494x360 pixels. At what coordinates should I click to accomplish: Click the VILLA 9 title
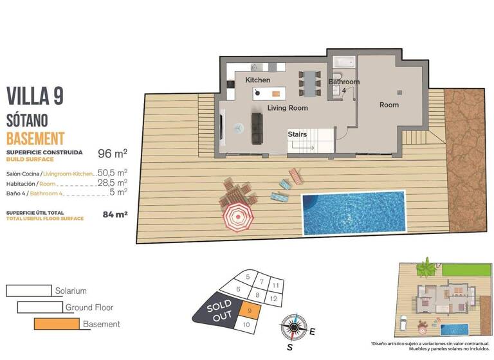coord(35,96)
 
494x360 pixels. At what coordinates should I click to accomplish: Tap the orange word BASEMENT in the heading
coord(35,138)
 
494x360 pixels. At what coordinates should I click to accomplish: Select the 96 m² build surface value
coord(112,154)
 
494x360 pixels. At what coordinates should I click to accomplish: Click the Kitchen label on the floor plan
coord(257,80)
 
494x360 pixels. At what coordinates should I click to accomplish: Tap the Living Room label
coord(288,108)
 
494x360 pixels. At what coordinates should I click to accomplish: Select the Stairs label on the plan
coord(297,134)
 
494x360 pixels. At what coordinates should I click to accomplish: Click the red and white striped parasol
coord(236,217)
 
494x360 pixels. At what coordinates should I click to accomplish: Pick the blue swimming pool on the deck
coord(354,212)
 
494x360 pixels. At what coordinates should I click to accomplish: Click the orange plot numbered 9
coord(249,311)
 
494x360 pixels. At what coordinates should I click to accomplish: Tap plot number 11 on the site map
coord(275,285)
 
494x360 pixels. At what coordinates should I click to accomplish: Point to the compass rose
coord(293,328)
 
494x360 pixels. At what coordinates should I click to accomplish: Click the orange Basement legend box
coord(57,324)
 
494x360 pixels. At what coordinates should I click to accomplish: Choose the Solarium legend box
coord(29,291)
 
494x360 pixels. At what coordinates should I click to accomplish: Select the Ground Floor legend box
coord(40,307)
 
